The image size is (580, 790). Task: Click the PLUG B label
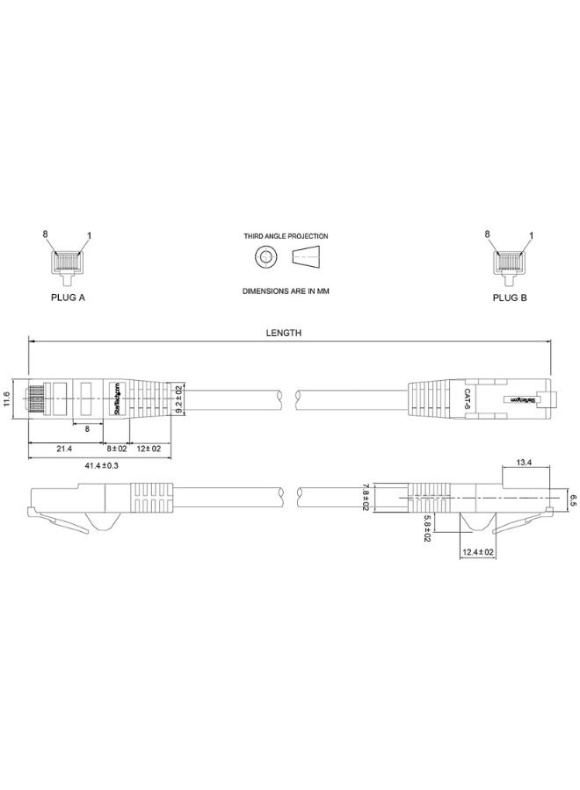510,298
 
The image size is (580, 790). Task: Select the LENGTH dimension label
285,334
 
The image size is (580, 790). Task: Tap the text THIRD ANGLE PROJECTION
286,236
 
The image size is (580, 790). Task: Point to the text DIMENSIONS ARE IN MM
286,290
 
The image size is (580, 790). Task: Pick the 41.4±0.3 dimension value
102,465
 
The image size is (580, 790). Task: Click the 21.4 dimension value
64,449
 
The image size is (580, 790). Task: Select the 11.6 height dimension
7,399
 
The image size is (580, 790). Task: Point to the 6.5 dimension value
572,500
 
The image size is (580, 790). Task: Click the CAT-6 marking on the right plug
468,399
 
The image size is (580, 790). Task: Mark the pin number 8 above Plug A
45,234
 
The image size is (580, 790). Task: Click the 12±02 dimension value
149,449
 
